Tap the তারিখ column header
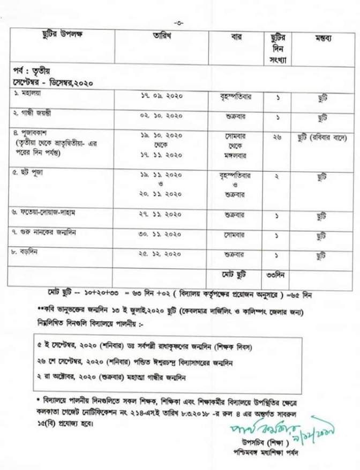point(161,36)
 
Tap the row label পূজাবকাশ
point(33,135)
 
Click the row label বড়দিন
point(27,251)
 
